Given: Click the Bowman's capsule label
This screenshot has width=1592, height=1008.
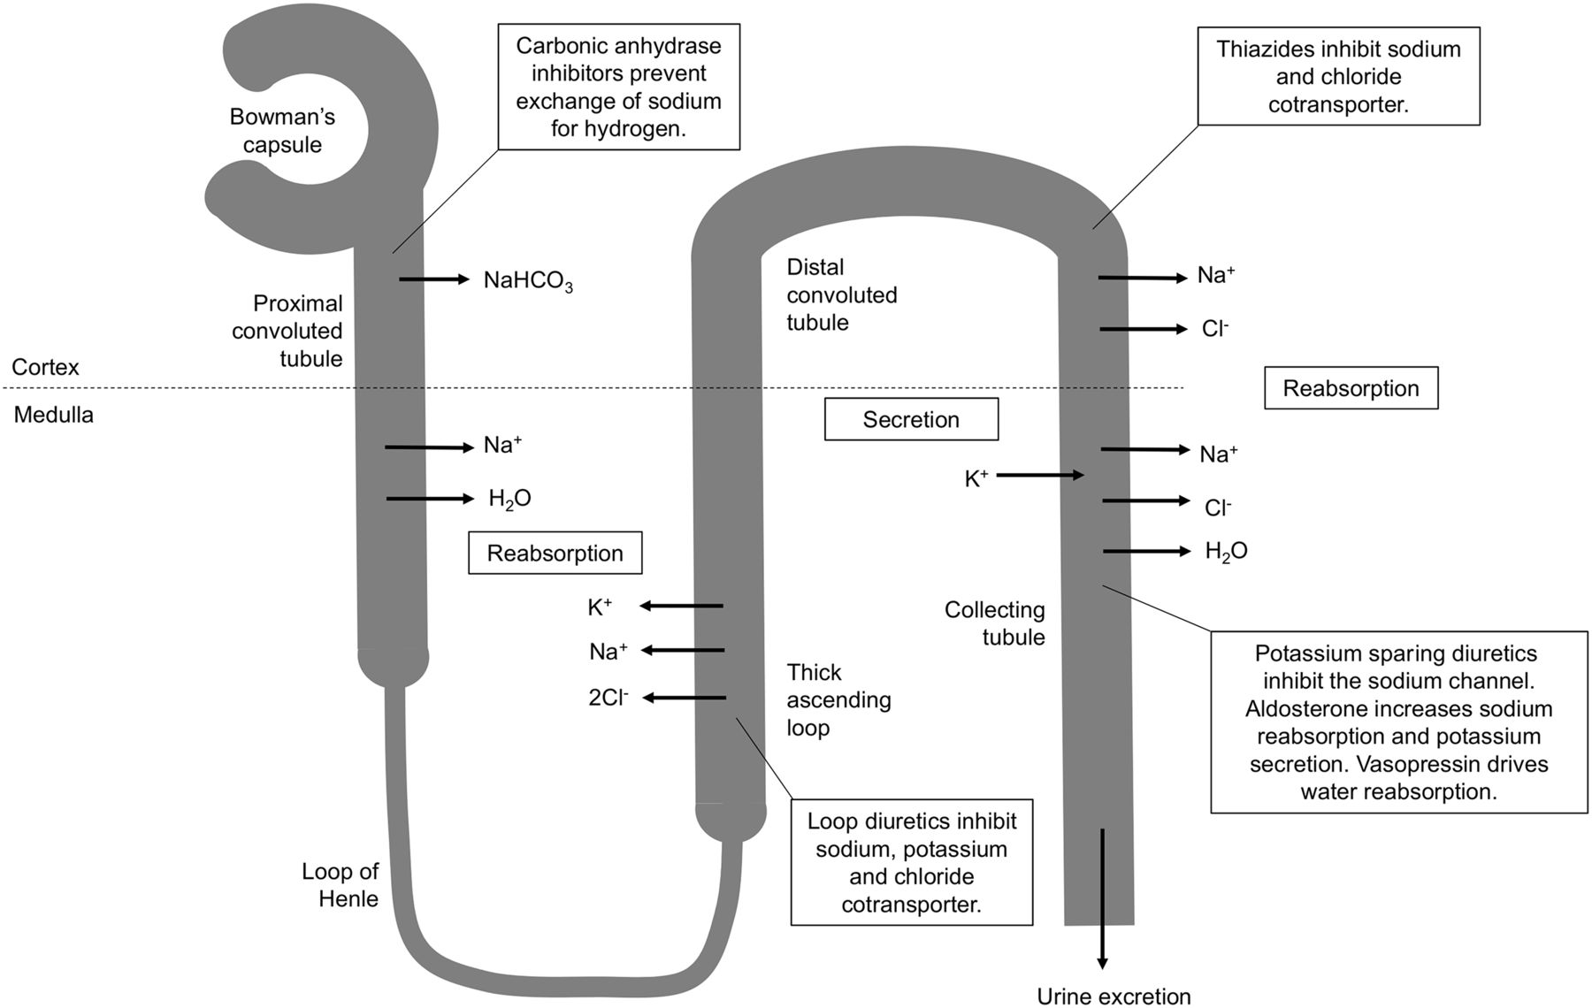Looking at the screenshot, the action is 282,131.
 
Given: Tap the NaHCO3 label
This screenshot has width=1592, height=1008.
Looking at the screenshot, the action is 528,281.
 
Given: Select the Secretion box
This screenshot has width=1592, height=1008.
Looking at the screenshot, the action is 911,419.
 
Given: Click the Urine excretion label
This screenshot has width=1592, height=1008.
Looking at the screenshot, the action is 1114,997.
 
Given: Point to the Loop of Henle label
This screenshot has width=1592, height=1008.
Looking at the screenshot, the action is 341,885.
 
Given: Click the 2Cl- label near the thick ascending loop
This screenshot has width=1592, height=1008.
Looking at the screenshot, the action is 608,698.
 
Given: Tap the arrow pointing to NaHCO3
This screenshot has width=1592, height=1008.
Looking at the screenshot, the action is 434,279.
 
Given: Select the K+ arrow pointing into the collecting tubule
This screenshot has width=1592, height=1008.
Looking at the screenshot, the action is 1040,476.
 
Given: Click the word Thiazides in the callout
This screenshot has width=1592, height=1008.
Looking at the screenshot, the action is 1267,50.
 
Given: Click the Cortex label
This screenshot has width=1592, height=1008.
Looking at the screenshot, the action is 45,367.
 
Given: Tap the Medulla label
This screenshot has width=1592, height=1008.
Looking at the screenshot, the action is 53,415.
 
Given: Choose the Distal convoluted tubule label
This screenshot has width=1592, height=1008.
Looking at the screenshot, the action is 842,294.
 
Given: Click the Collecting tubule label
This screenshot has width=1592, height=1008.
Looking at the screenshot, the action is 995,623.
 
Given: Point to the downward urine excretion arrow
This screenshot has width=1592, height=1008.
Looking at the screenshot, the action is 1102,899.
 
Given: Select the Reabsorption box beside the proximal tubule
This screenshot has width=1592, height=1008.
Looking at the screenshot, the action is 555,553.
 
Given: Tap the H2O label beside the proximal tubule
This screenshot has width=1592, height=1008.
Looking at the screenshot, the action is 509,500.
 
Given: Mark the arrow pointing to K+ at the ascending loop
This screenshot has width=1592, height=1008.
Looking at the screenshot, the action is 681,606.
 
